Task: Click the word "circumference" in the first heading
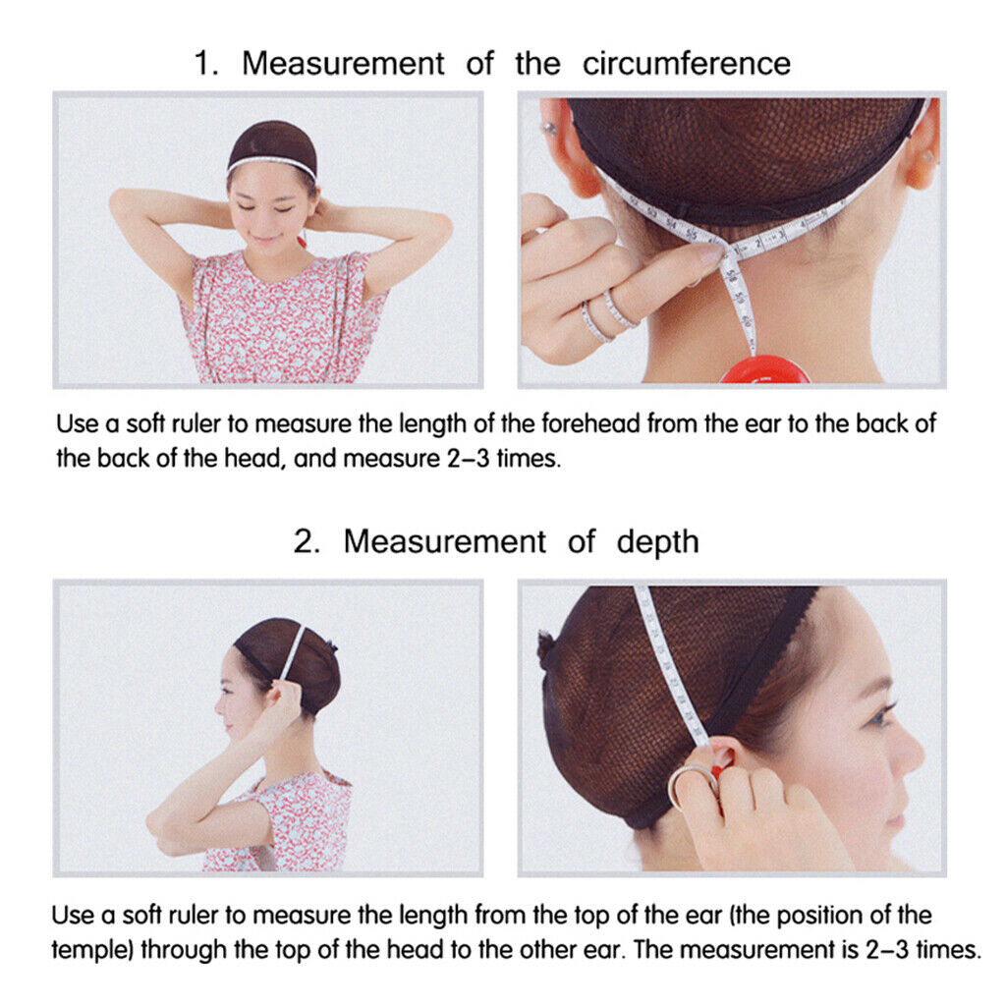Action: coord(687,64)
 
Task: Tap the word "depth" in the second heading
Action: coord(657,542)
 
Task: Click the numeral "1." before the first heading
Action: coord(206,64)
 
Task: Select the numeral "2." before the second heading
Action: coord(307,542)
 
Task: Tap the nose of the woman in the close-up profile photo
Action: coord(911,750)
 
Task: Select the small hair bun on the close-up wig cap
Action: coord(546,648)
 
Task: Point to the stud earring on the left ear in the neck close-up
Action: coord(550,129)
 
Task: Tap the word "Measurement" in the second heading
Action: coord(445,542)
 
